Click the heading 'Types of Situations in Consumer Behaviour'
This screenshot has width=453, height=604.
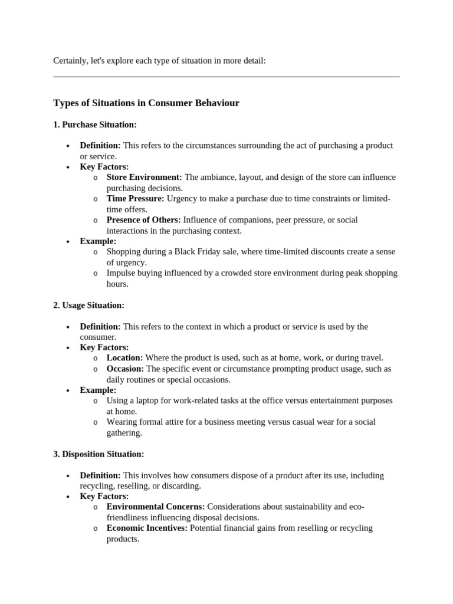[146, 103]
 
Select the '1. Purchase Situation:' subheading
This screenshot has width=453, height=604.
[95, 124]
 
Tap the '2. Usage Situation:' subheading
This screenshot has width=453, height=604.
[89, 305]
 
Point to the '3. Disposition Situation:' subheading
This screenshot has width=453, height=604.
[99, 454]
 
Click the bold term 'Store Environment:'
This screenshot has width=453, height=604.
[144, 177]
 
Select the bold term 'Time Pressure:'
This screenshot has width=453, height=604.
[135, 198]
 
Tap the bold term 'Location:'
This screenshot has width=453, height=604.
[124, 357]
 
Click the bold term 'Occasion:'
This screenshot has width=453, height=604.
[125, 368]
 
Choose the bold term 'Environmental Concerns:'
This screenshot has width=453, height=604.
[156, 506]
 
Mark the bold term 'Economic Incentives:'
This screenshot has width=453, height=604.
[147, 528]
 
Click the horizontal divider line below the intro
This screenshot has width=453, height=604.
[226, 77]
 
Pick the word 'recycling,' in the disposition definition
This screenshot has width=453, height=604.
[97, 485]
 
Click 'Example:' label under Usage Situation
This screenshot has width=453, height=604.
[98, 390]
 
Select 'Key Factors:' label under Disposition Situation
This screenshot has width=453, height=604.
[104, 496]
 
